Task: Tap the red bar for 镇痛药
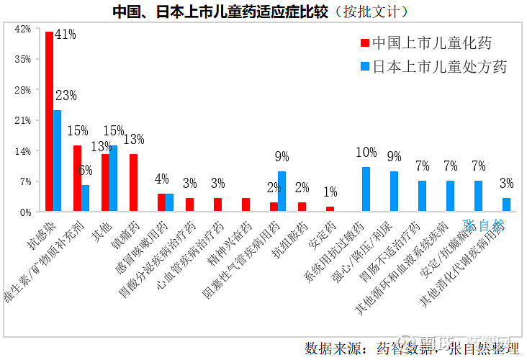(x=133, y=183)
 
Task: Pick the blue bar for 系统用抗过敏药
(x=366, y=189)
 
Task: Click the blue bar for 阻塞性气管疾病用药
(x=282, y=192)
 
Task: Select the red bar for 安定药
(x=330, y=209)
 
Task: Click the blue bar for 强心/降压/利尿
(x=395, y=192)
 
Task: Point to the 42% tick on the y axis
(x=22, y=30)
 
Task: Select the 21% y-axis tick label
(x=22, y=121)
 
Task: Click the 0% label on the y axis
(x=25, y=212)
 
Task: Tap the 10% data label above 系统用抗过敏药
(x=366, y=153)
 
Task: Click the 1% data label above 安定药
(x=330, y=192)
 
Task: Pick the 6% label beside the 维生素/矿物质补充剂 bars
(x=85, y=171)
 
